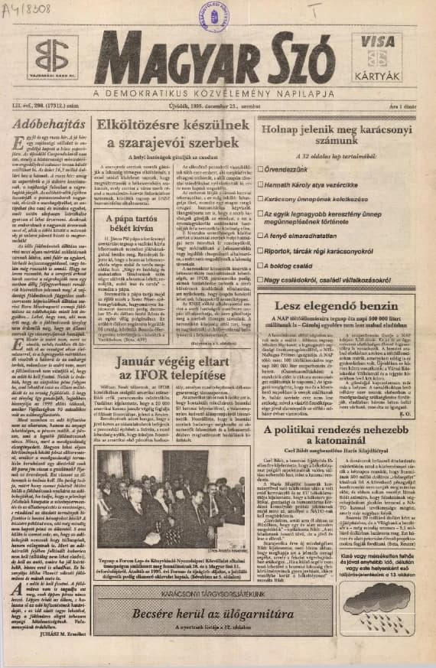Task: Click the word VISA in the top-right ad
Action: pyautogui.click(x=376, y=44)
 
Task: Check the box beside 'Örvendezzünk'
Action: pyautogui.click(x=262, y=168)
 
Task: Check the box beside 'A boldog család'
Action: pyautogui.click(x=262, y=262)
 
